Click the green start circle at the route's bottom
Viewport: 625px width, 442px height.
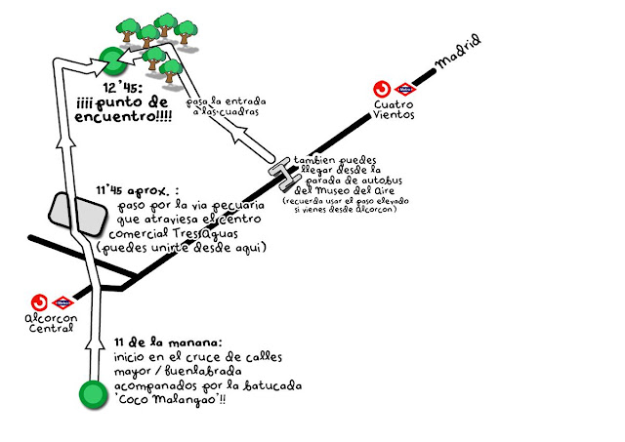point(92,395)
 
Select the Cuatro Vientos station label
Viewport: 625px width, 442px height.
point(395,108)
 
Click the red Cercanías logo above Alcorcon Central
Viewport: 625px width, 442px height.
point(40,302)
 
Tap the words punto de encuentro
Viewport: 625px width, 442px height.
point(123,110)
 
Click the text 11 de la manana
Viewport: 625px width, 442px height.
point(167,342)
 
